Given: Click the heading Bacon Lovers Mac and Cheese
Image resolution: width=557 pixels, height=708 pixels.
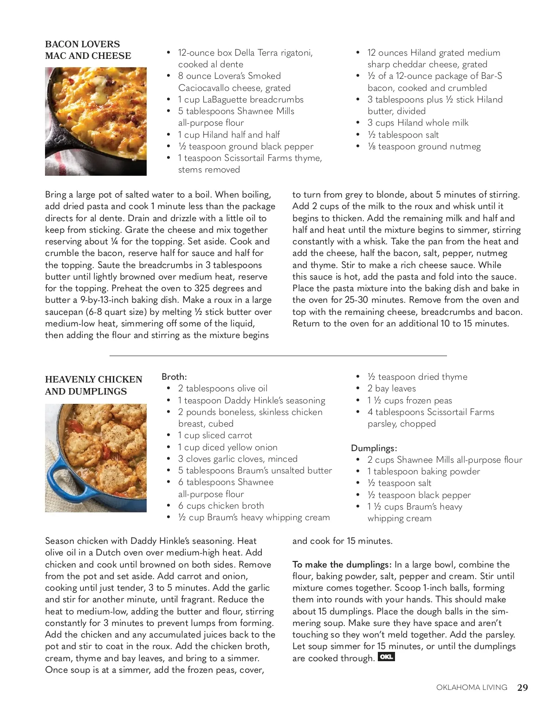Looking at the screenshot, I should [x=88, y=50].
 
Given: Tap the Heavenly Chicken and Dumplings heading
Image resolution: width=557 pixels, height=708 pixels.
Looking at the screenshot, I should [x=93, y=385].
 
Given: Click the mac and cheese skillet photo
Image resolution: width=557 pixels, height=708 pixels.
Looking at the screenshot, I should [x=96, y=121].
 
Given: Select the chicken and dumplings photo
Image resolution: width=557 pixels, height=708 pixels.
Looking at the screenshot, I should [x=96, y=458].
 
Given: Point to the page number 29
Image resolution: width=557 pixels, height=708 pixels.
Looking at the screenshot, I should [x=522, y=688].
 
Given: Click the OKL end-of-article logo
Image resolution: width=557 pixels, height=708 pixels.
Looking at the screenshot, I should [x=386, y=657].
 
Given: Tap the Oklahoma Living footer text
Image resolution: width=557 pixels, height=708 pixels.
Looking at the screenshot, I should [x=472, y=688].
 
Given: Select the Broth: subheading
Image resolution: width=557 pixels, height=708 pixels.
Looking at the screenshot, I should [x=174, y=377].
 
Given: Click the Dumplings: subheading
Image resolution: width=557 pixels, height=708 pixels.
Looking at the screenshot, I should [x=374, y=448].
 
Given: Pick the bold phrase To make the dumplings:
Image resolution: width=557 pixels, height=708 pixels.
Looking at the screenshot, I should [x=342, y=565].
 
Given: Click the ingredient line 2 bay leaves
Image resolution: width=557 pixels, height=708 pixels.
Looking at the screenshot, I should [x=391, y=389].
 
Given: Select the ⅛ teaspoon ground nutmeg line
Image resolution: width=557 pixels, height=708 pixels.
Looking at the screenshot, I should [x=424, y=147].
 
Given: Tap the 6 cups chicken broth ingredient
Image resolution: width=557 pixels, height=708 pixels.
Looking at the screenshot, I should [x=221, y=506].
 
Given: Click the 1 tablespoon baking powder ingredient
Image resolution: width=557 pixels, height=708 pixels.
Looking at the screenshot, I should [x=423, y=472].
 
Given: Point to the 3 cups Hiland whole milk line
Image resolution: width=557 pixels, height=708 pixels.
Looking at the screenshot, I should [x=418, y=123].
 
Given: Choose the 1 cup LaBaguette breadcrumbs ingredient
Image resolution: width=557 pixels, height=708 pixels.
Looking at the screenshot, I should [x=240, y=100].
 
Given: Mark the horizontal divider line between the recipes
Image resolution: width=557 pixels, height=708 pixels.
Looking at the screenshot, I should [x=278, y=356].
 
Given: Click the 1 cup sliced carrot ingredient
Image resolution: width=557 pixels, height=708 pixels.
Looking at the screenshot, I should [x=215, y=435].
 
